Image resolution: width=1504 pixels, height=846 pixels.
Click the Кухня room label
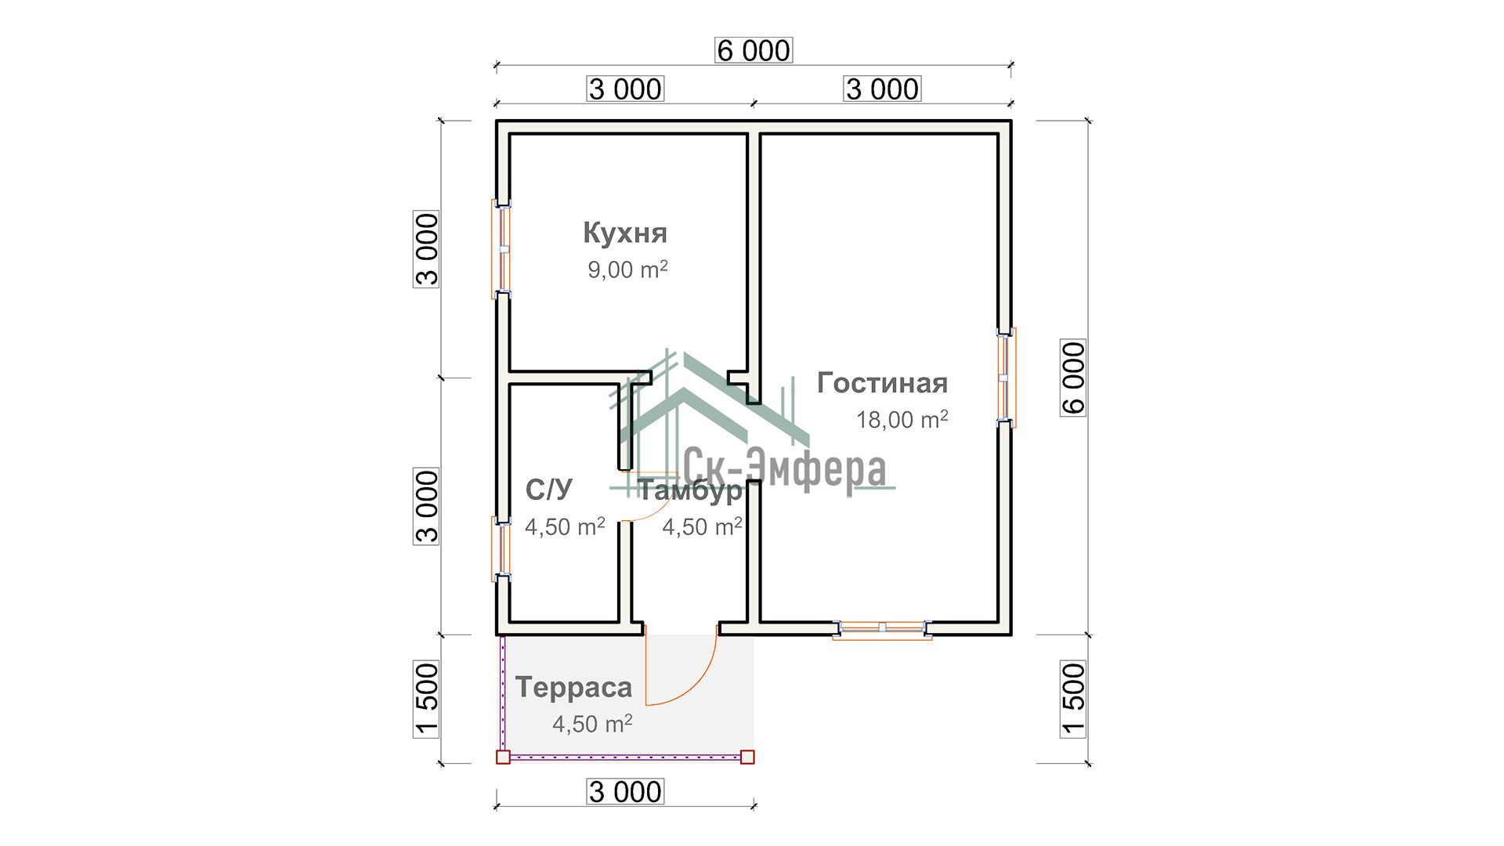(625, 233)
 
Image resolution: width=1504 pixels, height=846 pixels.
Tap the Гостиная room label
(882, 383)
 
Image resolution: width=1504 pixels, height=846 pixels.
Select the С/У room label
(549, 490)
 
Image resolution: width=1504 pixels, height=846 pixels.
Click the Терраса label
(573, 688)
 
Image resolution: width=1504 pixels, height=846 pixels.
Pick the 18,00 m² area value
(902, 419)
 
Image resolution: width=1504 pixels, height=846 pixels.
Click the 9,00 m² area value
(627, 269)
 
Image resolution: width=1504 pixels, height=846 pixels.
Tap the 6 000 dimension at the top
(754, 50)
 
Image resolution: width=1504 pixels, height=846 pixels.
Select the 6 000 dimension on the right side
(1073, 378)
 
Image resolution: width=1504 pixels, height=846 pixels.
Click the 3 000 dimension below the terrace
(626, 792)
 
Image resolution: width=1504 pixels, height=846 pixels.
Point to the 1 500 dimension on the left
(427, 700)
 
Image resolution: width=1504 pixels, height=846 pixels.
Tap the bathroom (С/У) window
(501, 548)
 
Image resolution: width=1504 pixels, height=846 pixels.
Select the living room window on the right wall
(1007, 378)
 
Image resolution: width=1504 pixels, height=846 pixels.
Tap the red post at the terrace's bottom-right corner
(747, 757)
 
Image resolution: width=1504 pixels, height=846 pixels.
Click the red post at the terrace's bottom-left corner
(503, 757)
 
